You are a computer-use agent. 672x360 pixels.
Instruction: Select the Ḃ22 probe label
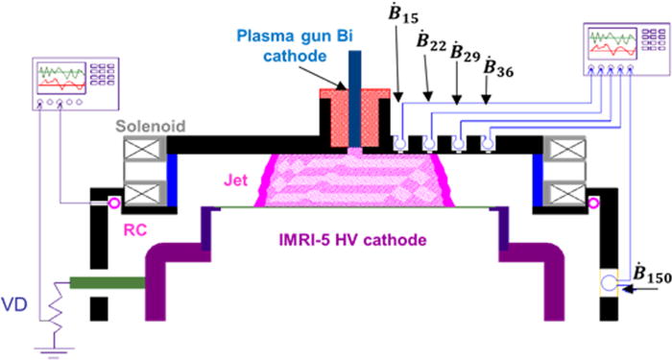pos(433,47)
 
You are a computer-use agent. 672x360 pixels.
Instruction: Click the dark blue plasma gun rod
pos(356,96)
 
